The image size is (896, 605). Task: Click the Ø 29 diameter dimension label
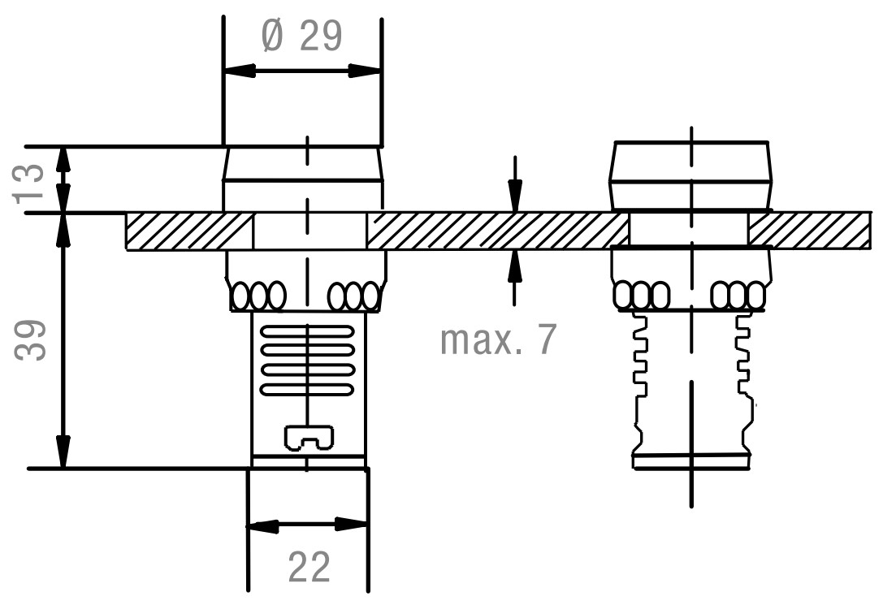coord(301,36)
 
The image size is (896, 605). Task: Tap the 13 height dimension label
coord(29,181)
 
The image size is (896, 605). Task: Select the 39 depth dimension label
coord(29,339)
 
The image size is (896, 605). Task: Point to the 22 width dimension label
coord(309,568)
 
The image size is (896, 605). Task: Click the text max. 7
coord(499,340)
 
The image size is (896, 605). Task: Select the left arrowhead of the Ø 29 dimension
coord(239,71)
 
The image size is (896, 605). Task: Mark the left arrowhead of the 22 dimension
coord(262,525)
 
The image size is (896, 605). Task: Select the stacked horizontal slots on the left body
coord(308,361)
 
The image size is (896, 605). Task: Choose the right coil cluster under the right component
coord(737,295)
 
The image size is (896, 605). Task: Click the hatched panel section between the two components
coord(497,231)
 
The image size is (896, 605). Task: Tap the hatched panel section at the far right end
coord(809,231)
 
